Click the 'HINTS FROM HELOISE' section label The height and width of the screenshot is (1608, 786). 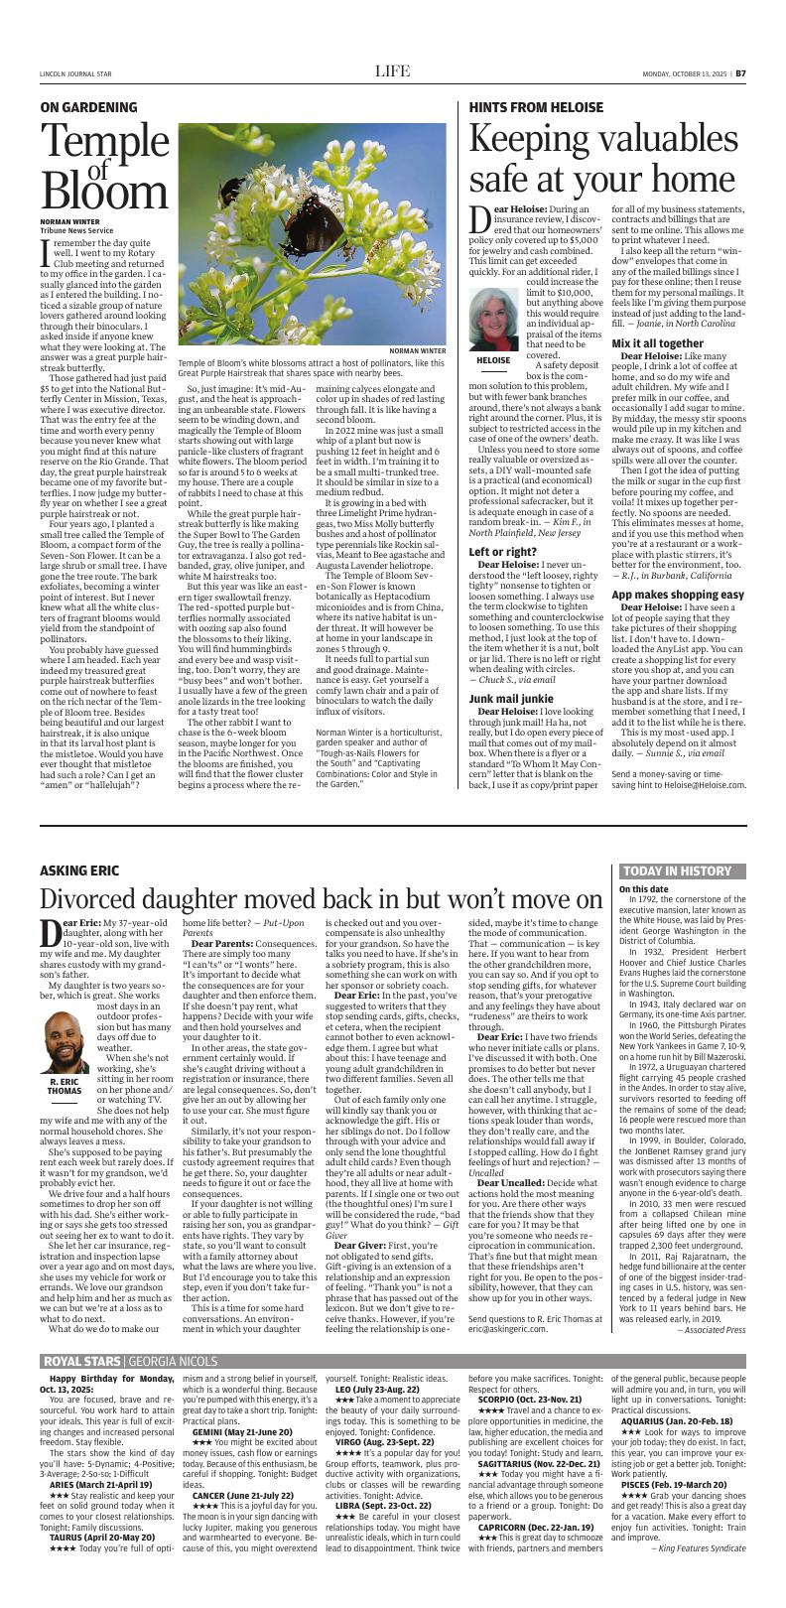click(531, 106)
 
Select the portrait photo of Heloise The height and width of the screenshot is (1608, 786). click(493, 317)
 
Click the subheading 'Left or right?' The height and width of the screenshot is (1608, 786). click(503, 524)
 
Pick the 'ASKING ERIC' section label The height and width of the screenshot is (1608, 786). click(79, 871)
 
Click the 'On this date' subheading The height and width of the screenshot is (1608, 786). click(643, 889)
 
